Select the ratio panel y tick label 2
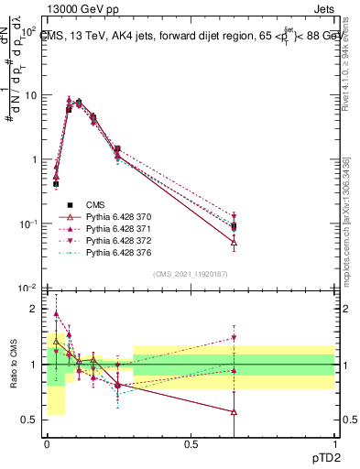(35, 309)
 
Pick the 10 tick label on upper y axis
(27, 95)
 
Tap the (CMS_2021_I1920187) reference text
(191, 274)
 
